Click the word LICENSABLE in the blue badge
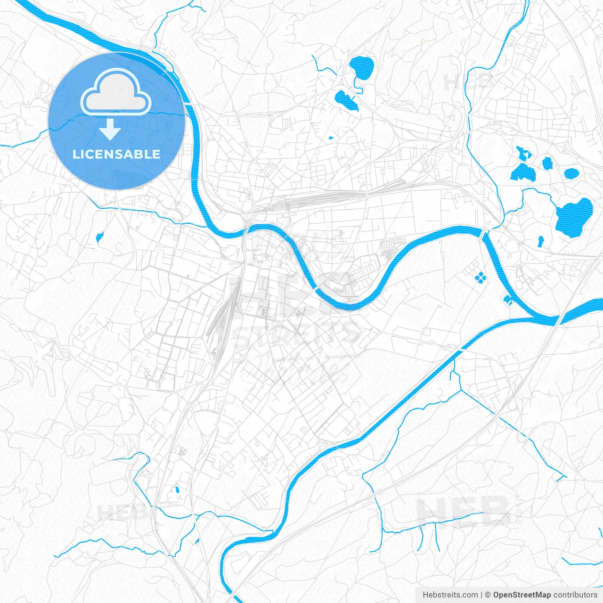point(116,154)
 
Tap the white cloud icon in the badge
point(116,93)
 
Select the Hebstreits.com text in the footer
point(450,595)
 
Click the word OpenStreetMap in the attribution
point(522,595)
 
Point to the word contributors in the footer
point(575,595)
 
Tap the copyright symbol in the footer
point(488,595)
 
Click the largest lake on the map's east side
point(574,217)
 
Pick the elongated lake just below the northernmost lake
point(346,99)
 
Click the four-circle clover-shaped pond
point(480,277)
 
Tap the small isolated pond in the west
point(99,237)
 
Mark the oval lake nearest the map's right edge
point(571,173)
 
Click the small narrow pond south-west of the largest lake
point(541,241)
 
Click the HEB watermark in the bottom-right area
point(464,512)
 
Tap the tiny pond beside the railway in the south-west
point(178,489)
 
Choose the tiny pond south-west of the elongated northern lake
point(330,138)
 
